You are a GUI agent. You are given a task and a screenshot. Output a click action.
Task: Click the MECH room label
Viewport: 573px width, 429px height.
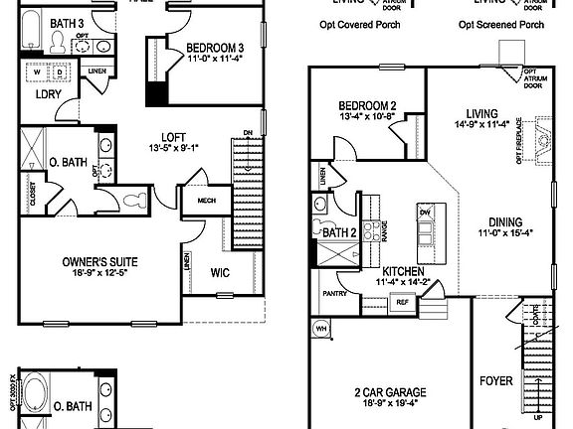[207, 201]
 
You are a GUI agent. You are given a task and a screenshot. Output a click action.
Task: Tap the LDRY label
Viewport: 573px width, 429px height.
[49, 94]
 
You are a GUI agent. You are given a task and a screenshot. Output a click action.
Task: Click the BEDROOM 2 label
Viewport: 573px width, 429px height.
[367, 106]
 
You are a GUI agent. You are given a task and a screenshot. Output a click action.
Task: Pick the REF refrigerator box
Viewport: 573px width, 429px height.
[402, 302]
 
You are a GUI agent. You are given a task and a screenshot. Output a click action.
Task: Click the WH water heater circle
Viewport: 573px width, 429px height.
[321, 327]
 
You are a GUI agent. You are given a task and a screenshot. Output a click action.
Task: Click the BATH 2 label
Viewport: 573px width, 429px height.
[340, 232]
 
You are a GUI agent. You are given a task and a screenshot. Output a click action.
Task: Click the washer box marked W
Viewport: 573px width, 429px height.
[39, 71]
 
